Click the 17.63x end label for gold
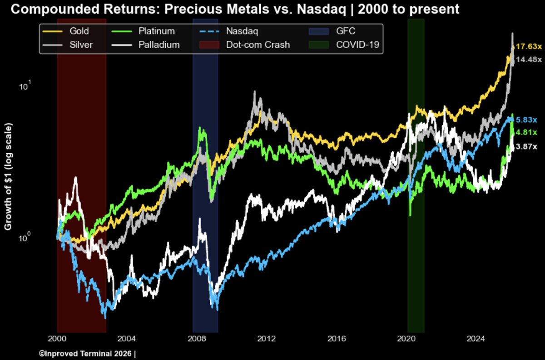click(x=529, y=46)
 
